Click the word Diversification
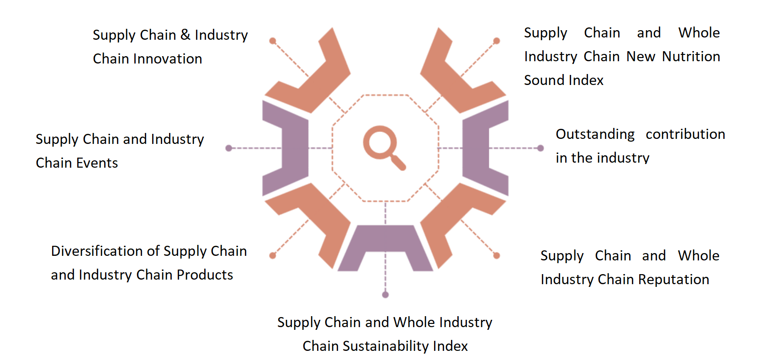pos(106,251)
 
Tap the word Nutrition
pos(691,57)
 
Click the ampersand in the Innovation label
pos(185,35)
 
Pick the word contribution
pos(685,134)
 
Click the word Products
pos(205,275)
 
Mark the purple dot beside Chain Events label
pos(228,148)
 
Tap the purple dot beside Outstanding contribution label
pos(541,148)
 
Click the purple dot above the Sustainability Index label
pos(385,295)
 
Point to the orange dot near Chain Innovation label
pos(273,41)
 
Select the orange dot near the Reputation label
pos(497,256)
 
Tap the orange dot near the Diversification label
pos(273,256)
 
